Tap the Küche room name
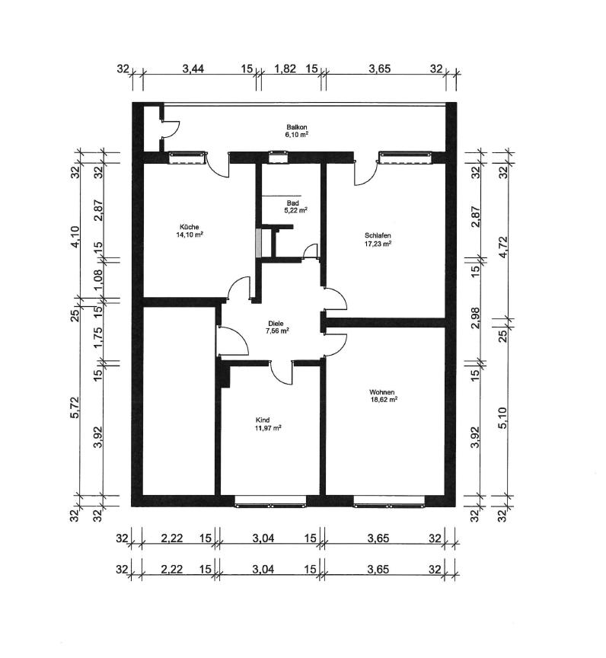tap(190, 227)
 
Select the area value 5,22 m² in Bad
tap(296, 210)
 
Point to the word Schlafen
tap(378, 235)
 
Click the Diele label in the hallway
tap(275, 323)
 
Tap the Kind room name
tap(263, 420)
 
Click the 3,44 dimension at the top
tap(193, 69)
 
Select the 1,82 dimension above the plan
tap(284, 69)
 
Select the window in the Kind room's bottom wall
tap(271, 500)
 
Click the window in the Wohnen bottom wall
tap(388, 500)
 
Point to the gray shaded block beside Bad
tap(259, 243)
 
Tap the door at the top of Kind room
tap(281, 372)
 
